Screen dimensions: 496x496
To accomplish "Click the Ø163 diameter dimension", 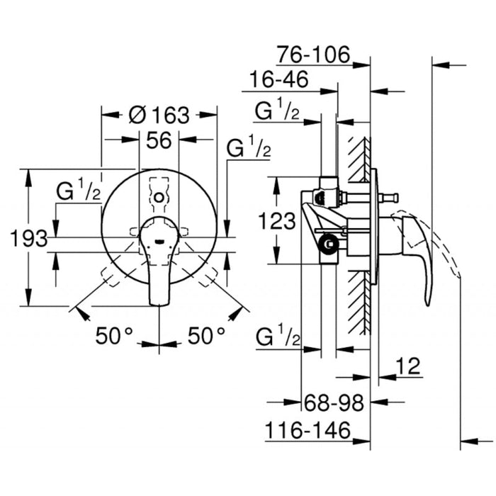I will [x=160, y=114].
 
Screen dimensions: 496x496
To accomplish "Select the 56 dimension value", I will [x=159, y=140].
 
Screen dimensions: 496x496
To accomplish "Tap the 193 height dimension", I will [x=29, y=239].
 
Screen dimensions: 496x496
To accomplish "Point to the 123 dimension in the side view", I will [x=276, y=221].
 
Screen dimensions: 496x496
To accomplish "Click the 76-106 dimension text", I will [x=313, y=54].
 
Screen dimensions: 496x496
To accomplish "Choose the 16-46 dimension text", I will [x=278, y=80].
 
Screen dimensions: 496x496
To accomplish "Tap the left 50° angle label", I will [x=116, y=336].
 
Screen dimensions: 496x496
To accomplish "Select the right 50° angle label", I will [x=207, y=336].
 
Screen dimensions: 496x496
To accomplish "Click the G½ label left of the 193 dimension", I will [x=79, y=191].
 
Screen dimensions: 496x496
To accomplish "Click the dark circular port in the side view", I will [x=327, y=246].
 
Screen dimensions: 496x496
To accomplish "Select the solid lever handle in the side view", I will [x=418, y=255].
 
